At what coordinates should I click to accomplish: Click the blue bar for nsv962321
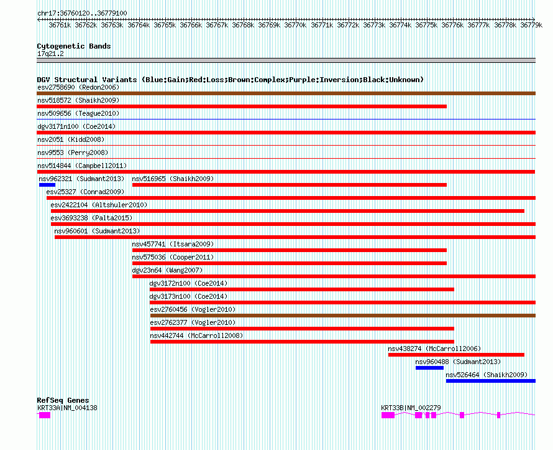click(47, 185)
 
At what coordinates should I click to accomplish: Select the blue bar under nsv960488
click(429, 368)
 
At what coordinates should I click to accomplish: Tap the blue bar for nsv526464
click(490, 381)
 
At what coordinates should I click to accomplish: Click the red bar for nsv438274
click(456, 355)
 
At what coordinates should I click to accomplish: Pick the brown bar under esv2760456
click(342, 316)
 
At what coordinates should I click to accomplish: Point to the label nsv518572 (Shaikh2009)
click(78, 100)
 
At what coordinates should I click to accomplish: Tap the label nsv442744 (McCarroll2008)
click(196, 335)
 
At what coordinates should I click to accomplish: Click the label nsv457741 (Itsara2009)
click(172, 244)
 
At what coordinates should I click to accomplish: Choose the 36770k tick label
click(295, 26)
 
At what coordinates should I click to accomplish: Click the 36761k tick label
click(60, 26)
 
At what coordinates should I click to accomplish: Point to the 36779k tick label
click(531, 26)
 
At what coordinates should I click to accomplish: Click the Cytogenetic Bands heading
click(74, 46)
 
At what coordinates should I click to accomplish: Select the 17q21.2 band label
click(50, 54)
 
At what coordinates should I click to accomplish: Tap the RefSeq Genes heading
click(63, 400)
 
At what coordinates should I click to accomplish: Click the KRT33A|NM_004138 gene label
click(67, 408)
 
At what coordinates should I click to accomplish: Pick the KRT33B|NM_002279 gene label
click(411, 408)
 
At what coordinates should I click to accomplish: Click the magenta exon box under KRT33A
click(45, 415)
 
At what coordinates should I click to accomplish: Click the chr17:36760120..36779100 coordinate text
click(82, 13)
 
